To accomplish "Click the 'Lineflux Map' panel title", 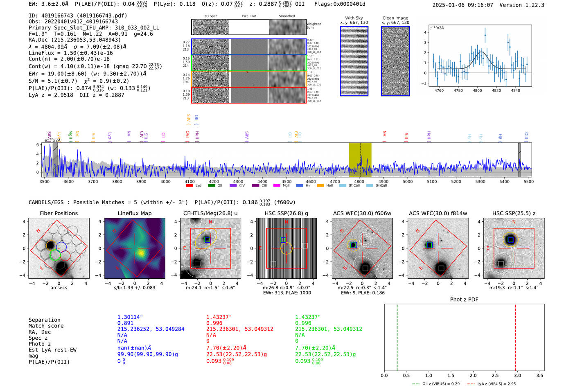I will (134, 213).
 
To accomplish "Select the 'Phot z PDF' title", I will (464, 300).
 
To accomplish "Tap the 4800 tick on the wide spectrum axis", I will (359, 181).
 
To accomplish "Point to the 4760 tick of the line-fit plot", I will (439, 90).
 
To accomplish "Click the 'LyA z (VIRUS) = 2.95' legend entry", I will (495, 384).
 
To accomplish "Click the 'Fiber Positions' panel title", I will (59, 213).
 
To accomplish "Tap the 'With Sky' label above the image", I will (354, 18).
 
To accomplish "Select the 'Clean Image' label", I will (395, 18).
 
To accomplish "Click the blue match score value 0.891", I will (125, 323).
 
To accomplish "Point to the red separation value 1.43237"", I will (219, 317).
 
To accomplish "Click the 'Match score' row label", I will (46, 326).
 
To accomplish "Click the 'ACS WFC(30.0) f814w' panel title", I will (438, 213).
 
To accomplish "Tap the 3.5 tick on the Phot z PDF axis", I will (540, 375).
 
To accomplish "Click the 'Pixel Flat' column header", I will (249, 16).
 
